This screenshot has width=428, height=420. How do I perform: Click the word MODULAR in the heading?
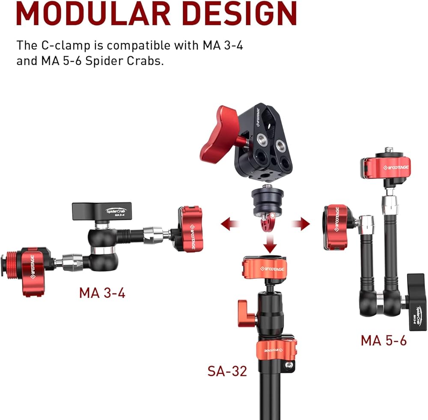pos(93,13)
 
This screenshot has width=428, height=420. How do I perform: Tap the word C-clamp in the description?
pos(66,46)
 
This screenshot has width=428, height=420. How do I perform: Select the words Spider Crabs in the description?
pos(125,61)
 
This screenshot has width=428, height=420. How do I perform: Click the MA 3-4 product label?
pos(102,293)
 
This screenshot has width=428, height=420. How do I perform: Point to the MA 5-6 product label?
pos(384,340)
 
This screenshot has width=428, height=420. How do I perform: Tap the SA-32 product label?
pos(227,371)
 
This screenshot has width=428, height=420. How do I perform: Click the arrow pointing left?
pos(230,224)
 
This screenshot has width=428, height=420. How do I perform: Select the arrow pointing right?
pos(300,224)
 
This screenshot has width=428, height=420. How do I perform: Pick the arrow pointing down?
pos(270,244)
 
